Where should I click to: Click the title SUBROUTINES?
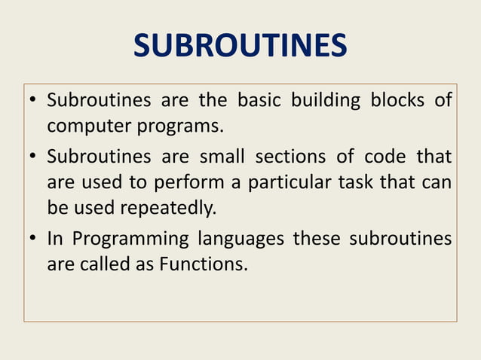pos(240,47)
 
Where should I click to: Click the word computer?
pos(87,125)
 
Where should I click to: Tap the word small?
pos(225,157)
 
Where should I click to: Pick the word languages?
pos(240,239)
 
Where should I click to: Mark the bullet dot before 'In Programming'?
pos(34,239)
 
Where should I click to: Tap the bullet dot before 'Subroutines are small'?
pos(34,157)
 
